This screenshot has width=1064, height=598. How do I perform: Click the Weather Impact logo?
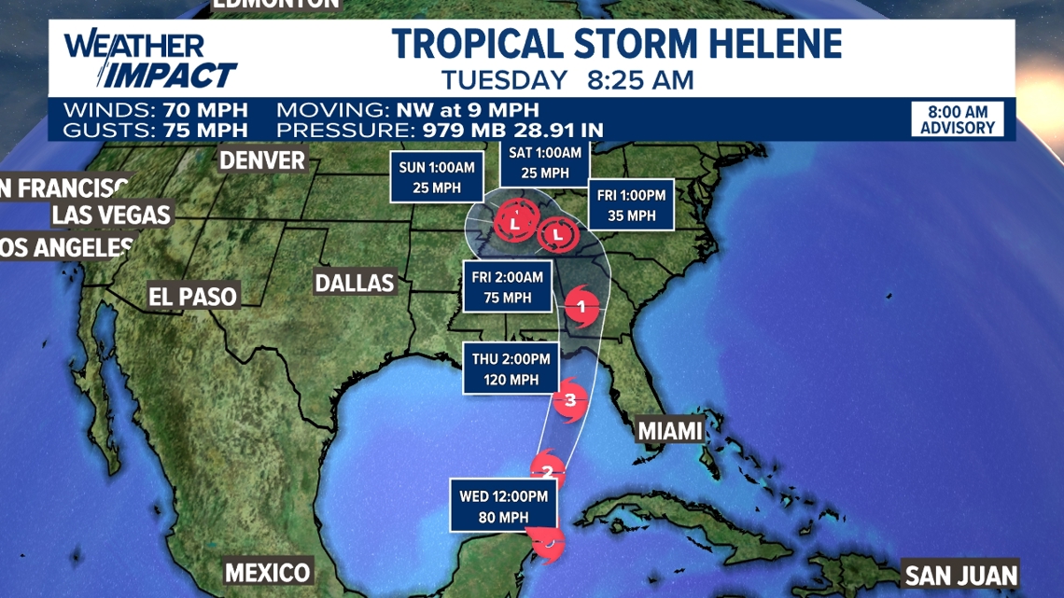(149, 59)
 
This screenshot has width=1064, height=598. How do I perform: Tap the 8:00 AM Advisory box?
(958, 119)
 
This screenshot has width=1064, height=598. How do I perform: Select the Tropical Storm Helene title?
(616, 44)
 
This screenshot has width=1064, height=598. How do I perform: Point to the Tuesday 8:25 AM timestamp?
(567, 80)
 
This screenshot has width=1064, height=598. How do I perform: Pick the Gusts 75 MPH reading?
(155, 130)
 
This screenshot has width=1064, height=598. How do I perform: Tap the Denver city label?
(262, 160)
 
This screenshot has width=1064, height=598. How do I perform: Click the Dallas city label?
(355, 282)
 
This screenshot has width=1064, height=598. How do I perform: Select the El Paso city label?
(193, 297)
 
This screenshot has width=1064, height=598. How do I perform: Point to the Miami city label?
(668, 431)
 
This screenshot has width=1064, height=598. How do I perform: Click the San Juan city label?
(960, 574)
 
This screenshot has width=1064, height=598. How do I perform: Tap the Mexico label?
(267, 572)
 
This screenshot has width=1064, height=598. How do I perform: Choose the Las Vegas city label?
(111, 215)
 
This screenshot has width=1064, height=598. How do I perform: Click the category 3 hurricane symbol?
(570, 401)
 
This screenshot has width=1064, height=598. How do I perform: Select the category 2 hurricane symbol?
(548, 471)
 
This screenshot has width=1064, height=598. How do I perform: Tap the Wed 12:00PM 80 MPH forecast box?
(503, 504)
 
